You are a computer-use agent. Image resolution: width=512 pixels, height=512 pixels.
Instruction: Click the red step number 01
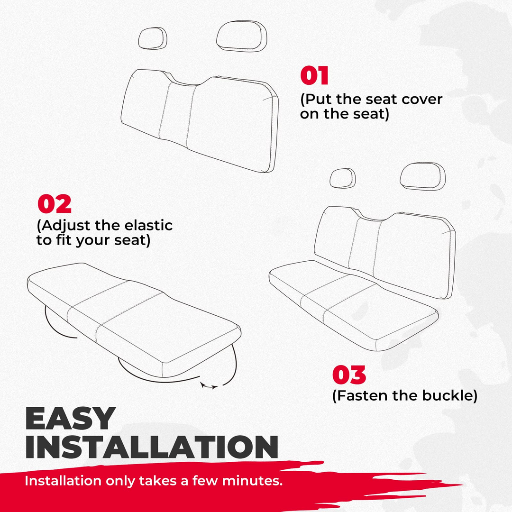coord(314,75)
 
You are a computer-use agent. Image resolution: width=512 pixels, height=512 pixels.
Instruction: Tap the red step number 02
coord(55,204)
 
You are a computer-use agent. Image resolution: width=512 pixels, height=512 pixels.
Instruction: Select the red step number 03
coord(349,375)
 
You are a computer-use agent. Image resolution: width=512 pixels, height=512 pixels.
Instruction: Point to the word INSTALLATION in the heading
coord(152,447)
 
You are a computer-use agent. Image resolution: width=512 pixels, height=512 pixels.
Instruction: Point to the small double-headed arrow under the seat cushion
coord(210,386)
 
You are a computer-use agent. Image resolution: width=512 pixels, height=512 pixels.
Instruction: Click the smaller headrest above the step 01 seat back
coord(152,38)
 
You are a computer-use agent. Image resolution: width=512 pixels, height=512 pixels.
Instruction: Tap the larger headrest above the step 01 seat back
coord(242,36)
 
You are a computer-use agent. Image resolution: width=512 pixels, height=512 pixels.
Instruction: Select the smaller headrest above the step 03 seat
coord(343,178)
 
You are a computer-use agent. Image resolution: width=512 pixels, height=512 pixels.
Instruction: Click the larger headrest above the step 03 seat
coord(423,176)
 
